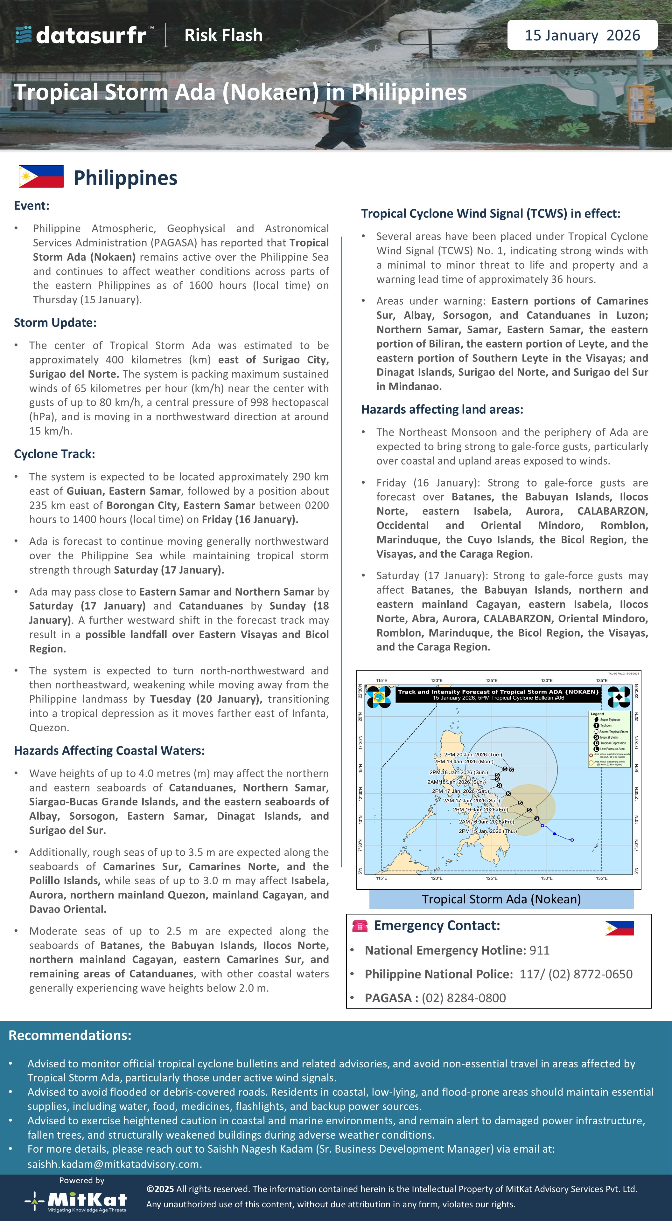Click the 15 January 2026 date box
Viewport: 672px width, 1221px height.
(582, 35)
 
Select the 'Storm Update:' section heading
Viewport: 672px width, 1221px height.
(55, 323)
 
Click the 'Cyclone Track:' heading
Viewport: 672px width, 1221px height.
(54, 454)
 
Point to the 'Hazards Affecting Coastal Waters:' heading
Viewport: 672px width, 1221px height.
(109, 751)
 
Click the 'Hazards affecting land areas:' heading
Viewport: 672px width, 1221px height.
(442, 410)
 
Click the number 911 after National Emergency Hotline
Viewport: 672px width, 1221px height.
(539, 950)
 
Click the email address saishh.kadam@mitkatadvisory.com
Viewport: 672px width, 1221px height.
(114, 1164)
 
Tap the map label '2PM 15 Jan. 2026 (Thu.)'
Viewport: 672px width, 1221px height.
(487, 831)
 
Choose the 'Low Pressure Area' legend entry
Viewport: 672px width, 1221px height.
(612, 749)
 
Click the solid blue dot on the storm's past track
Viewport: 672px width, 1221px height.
(554, 834)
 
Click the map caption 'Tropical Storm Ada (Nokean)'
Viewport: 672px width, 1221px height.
(501, 899)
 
